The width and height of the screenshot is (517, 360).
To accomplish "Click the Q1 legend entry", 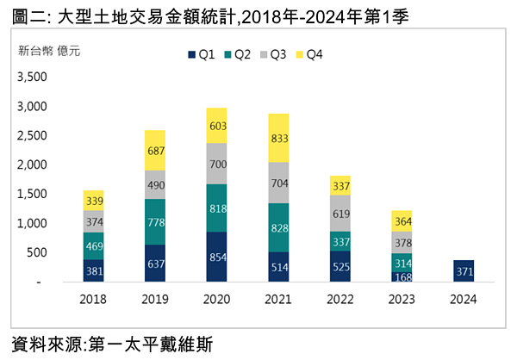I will (201, 54).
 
